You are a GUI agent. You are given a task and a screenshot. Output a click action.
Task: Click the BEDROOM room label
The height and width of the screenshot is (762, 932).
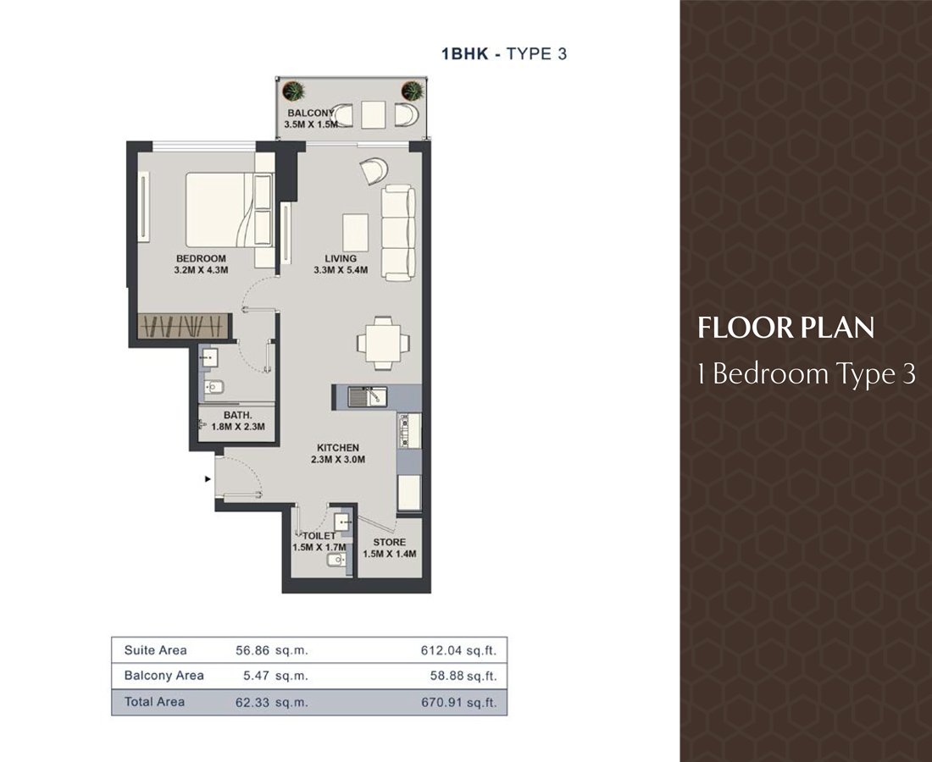point(201,258)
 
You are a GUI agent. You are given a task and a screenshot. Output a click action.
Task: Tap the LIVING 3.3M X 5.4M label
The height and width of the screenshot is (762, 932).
point(341,264)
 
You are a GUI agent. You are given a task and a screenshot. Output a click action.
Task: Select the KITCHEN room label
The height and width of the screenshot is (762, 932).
point(337,448)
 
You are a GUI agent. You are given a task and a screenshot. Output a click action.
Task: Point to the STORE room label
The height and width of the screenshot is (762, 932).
point(390,542)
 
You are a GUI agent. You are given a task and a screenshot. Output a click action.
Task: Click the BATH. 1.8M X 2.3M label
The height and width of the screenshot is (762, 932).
point(238,421)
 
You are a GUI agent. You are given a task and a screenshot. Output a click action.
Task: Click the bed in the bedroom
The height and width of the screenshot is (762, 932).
point(230,209)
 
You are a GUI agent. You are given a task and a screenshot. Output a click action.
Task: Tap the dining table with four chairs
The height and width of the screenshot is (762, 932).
point(383,343)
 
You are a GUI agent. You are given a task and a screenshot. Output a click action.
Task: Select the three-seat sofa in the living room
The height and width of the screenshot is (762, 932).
point(397,232)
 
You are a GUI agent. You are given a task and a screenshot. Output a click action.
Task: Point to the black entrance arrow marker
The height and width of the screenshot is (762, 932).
point(208,478)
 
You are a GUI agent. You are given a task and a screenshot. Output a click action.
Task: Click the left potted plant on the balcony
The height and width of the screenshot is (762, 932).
point(293,91)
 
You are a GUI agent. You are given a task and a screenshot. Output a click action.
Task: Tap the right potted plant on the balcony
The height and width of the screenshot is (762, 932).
point(412,91)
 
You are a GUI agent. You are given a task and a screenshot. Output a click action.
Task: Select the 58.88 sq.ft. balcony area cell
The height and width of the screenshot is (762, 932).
point(463,676)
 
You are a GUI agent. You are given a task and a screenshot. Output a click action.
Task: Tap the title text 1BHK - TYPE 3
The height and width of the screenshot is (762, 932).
point(504,53)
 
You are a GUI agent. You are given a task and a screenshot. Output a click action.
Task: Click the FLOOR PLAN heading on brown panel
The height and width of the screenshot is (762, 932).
point(785,328)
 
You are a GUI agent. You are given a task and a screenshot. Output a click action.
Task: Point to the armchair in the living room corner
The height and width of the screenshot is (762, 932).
point(374,170)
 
